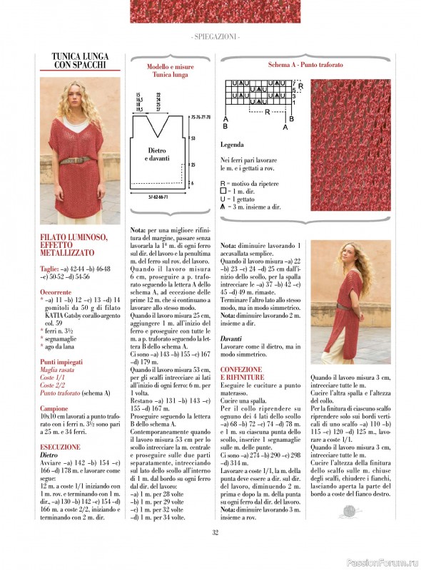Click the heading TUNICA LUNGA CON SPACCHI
tap(80, 61)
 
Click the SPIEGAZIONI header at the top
tap(215, 36)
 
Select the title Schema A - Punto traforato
tap(305, 65)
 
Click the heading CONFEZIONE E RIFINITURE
tap(242, 373)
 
